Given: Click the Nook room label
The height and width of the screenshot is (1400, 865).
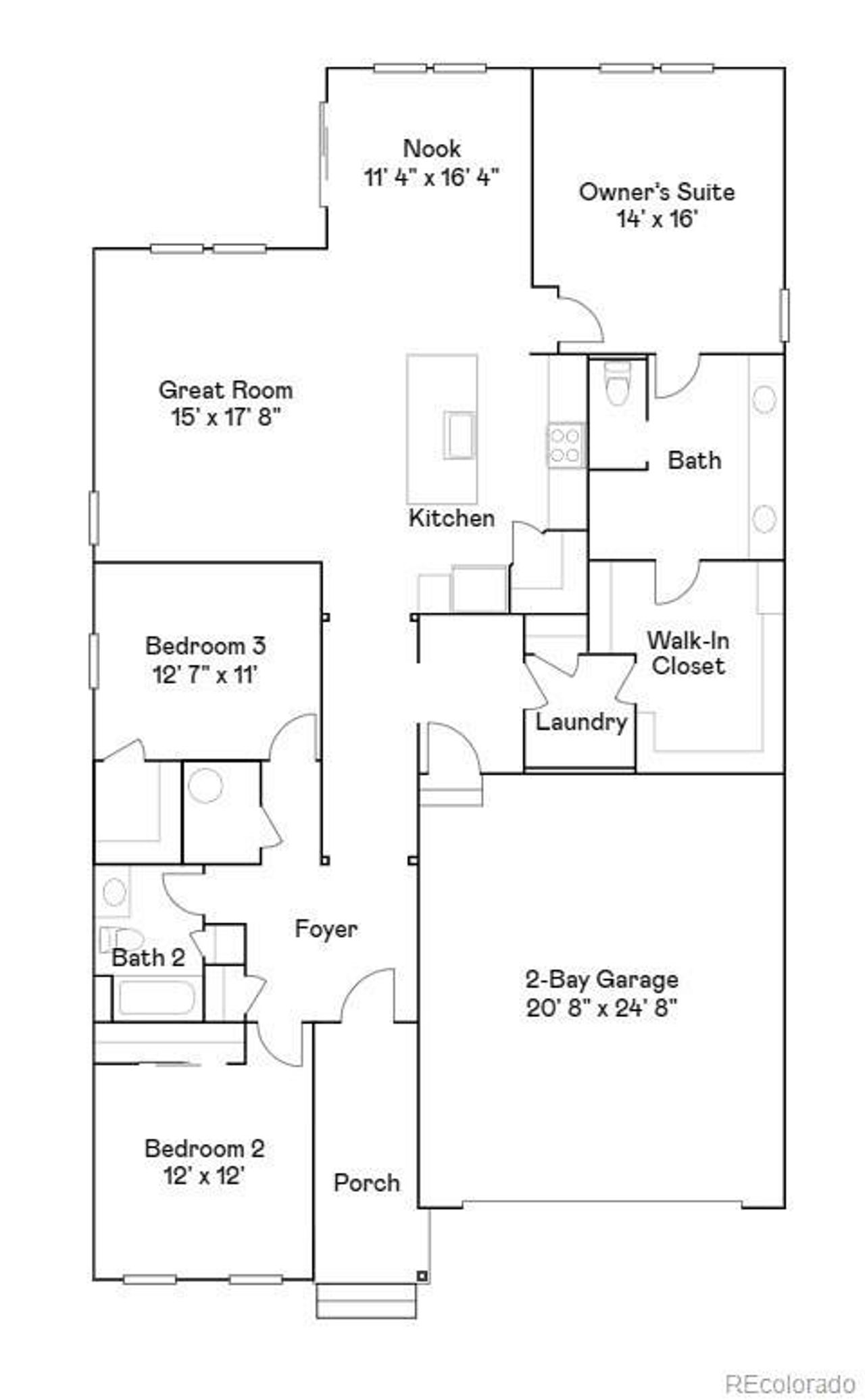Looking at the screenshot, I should (x=432, y=148).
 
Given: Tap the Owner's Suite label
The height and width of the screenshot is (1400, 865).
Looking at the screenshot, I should (x=656, y=192).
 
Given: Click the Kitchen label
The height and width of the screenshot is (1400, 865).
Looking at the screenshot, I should (x=451, y=518).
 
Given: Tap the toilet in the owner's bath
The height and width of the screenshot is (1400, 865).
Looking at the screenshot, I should (x=617, y=384).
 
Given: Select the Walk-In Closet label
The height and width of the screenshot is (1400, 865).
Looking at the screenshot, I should (x=688, y=653).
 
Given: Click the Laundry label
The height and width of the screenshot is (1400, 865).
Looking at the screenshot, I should (x=581, y=722).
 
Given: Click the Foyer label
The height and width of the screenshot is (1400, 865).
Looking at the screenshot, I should (x=326, y=928).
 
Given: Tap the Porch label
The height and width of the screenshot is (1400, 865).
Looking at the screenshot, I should (x=367, y=1182).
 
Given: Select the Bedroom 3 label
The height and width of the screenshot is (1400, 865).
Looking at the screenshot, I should (x=205, y=645).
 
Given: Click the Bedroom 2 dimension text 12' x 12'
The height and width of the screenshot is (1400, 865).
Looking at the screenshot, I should (x=203, y=1176).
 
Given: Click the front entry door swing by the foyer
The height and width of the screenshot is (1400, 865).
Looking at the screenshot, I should (x=368, y=994).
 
